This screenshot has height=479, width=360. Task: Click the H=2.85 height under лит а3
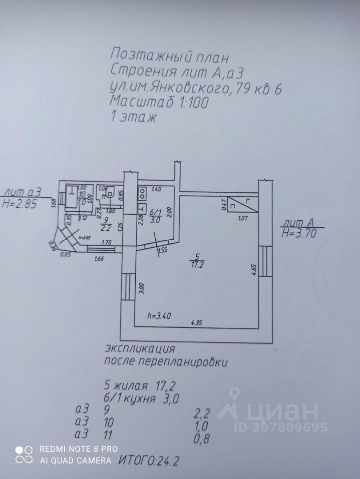(x=20, y=204)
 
